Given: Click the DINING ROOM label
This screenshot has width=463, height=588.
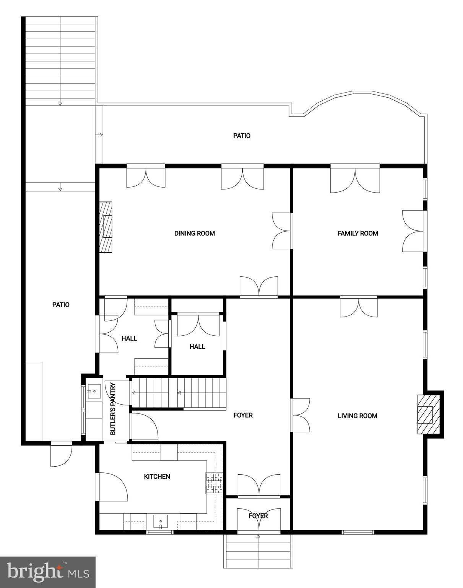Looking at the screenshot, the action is click(x=195, y=234).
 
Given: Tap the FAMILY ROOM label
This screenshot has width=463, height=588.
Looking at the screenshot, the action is click(x=358, y=234).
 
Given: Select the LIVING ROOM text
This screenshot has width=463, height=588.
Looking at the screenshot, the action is click(x=357, y=416).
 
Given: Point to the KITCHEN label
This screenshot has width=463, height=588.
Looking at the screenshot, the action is click(x=157, y=477).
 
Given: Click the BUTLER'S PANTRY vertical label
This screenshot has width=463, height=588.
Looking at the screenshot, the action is click(x=113, y=409).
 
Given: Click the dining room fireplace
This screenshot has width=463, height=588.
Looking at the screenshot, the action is click(x=106, y=227).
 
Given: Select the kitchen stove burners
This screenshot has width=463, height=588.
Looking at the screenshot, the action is click(x=214, y=483).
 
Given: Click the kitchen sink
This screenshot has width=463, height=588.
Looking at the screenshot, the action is click(x=160, y=522).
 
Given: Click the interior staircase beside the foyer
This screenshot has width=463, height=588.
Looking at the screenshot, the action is click(x=179, y=393).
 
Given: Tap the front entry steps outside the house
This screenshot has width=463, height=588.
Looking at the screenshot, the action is click(x=258, y=550).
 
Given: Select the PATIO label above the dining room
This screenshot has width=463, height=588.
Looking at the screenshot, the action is click(x=242, y=136).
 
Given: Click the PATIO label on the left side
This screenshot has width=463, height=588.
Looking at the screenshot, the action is click(x=61, y=305).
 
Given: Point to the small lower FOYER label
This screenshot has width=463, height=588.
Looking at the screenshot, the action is click(x=258, y=516).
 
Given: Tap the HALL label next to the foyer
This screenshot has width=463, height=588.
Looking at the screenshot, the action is click(x=197, y=347).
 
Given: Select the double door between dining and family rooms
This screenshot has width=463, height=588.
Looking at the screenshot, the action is click(x=281, y=231).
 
